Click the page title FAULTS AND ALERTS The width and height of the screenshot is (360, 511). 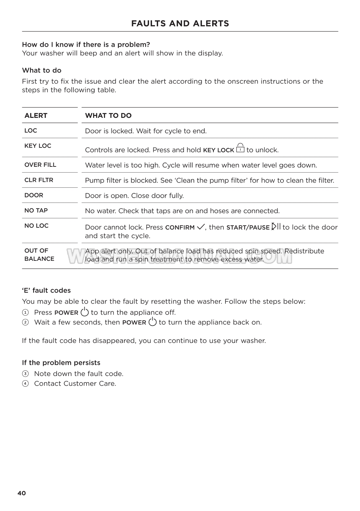(180, 24)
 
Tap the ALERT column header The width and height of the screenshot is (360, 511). (36, 116)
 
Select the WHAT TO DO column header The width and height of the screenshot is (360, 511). (108, 116)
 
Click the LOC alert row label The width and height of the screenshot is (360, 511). (31, 131)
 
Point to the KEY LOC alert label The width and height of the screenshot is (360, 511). (38, 146)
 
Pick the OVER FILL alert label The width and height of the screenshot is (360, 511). (40, 165)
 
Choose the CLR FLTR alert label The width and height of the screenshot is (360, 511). (39, 180)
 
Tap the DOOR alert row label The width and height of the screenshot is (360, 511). (34, 195)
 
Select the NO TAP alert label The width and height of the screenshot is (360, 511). (36, 211)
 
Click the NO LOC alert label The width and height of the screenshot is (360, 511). (36, 226)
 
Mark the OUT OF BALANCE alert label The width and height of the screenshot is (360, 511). (39, 255)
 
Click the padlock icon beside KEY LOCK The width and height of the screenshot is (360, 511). (240, 148)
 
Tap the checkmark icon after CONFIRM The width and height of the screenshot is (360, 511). (201, 227)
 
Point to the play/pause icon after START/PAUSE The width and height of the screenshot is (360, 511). (276, 226)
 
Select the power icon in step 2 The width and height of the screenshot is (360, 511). (153, 321)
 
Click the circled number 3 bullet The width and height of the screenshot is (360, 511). (25, 374)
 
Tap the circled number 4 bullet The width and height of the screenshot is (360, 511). (25, 383)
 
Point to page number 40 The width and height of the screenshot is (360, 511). (22, 493)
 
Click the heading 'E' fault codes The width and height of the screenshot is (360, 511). (46, 290)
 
